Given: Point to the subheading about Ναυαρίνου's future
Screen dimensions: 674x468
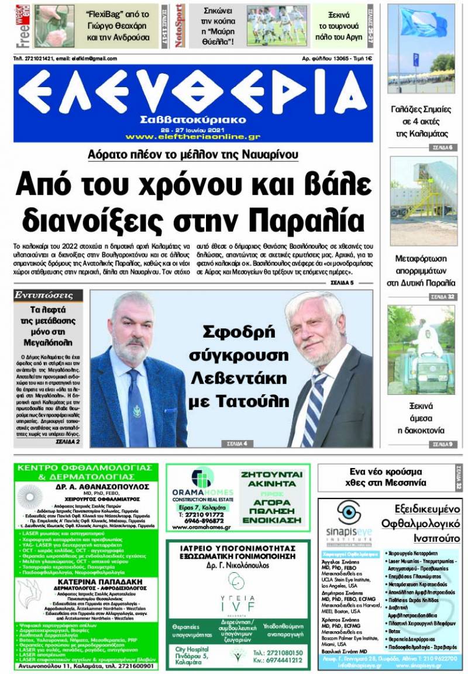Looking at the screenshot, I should coord(192,154).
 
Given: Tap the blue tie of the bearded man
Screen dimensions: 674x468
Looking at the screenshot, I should coord(135,409).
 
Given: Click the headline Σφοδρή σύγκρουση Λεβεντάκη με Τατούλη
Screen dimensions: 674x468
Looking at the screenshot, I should coord(238,366).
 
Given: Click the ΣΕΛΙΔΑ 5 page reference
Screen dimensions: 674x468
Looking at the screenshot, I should coord(342,283).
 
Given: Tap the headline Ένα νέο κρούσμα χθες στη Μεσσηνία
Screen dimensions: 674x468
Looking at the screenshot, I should coord(386,477).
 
